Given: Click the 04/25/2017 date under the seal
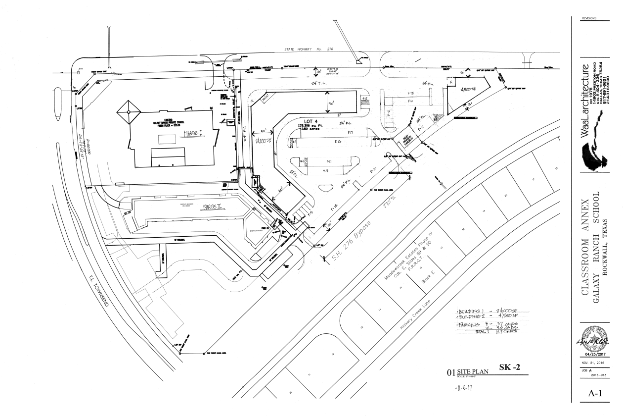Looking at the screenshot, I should point(591,355).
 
